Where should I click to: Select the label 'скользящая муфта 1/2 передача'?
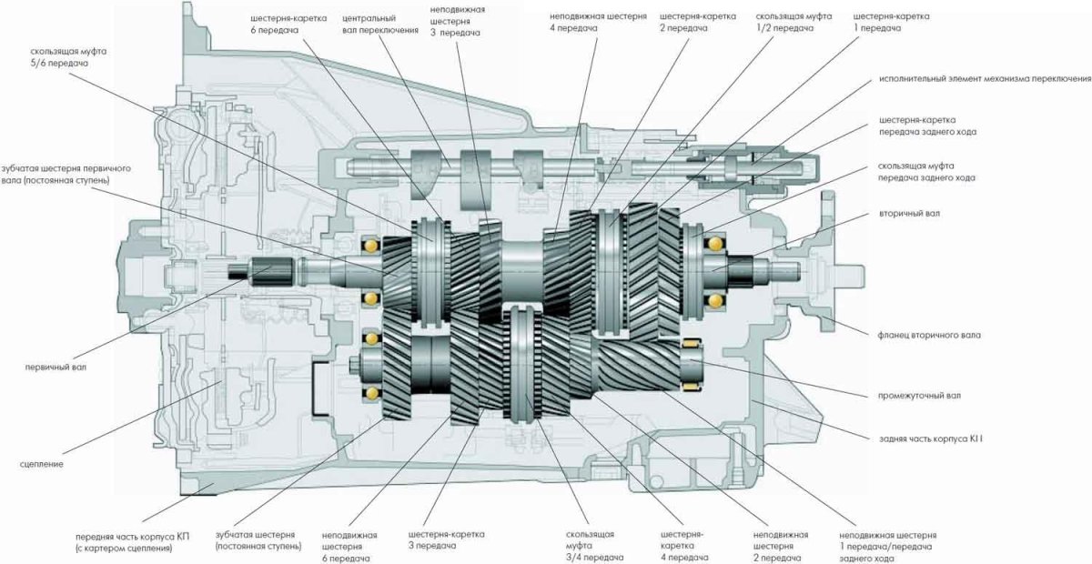click(x=785, y=23)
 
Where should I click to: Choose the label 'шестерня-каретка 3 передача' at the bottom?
click(x=446, y=540)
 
